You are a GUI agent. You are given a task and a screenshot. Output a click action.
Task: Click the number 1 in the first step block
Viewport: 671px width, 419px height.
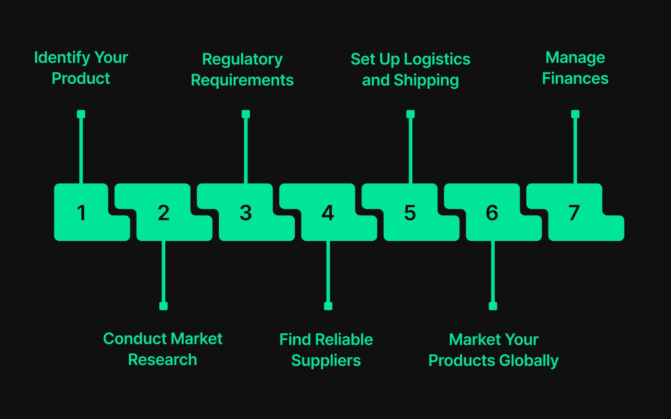pyautogui.click(x=82, y=213)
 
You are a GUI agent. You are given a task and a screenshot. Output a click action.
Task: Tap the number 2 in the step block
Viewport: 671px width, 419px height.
pyautogui.click(x=164, y=213)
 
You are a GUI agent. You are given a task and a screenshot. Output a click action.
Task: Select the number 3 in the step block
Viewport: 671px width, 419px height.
pyautogui.click(x=246, y=213)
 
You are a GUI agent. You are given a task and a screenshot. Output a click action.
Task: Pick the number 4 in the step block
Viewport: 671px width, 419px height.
pyautogui.click(x=328, y=213)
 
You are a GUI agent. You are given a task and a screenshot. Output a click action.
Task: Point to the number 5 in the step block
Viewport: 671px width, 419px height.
pyautogui.click(x=410, y=213)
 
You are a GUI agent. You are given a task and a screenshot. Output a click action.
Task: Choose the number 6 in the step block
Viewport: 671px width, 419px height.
pyautogui.click(x=492, y=213)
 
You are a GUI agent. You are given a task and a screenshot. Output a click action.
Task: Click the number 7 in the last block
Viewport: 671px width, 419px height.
pyautogui.click(x=574, y=213)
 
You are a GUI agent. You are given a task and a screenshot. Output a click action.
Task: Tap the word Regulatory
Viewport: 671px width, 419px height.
pyautogui.click(x=242, y=59)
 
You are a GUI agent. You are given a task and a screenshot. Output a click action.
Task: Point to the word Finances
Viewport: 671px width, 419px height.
pyautogui.click(x=575, y=78)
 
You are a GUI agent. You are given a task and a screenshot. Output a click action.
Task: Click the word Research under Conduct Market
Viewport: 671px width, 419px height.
pyautogui.click(x=162, y=360)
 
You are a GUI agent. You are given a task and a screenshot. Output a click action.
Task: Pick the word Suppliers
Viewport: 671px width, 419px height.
pyautogui.click(x=326, y=360)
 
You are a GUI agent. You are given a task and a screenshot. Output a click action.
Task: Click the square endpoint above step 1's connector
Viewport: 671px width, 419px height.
pyautogui.click(x=81, y=114)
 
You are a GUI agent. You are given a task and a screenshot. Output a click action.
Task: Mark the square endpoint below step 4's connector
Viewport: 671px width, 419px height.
pyautogui.click(x=328, y=306)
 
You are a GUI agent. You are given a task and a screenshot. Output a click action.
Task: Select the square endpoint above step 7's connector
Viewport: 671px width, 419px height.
pyautogui.click(x=575, y=114)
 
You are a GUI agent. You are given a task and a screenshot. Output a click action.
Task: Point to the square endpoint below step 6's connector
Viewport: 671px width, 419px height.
pyautogui.click(x=493, y=306)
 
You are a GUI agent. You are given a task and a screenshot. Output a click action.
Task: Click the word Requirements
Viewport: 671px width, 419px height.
pyautogui.click(x=242, y=80)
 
